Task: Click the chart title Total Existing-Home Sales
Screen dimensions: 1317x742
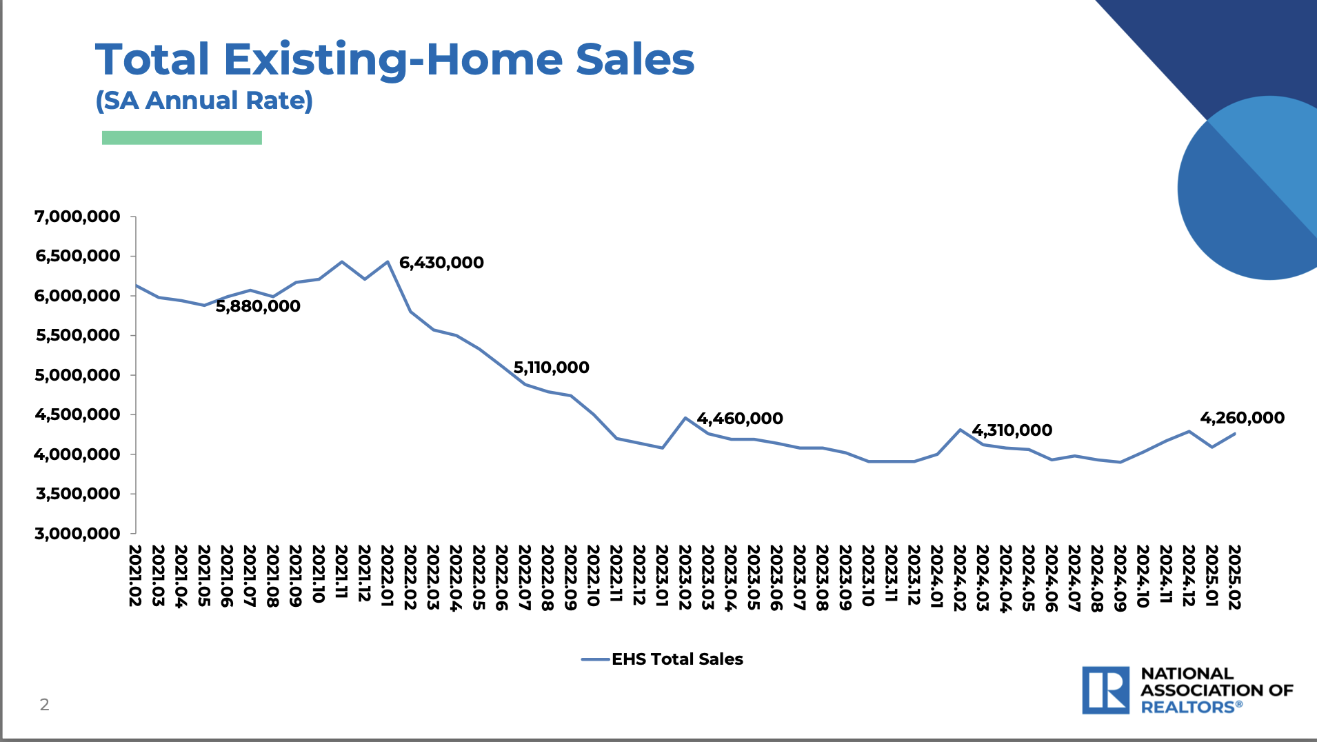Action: [x=394, y=60]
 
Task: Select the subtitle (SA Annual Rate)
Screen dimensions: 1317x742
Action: [x=204, y=101]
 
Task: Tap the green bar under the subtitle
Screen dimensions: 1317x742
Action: [x=182, y=138]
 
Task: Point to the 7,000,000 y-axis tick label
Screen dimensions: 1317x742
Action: [x=77, y=217]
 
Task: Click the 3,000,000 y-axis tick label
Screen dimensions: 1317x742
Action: [x=77, y=534]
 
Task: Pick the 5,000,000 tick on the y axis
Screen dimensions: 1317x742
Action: [x=77, y=375]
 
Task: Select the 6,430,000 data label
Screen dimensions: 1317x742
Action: [x=441, y=263]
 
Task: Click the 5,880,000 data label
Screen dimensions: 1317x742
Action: [x=258, y=306]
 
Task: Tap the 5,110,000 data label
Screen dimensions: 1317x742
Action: [x=552, y=368]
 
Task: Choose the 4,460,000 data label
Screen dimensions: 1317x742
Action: [x=740, y=419]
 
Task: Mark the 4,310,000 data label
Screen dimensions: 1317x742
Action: [x=1012, y=430]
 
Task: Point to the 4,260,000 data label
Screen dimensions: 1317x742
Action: [x=1243, y=418]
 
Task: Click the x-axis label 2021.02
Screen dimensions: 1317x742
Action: [x=135, y=576]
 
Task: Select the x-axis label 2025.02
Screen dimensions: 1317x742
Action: [x=1234, y=577]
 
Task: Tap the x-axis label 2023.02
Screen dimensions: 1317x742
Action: [x=685, y=577]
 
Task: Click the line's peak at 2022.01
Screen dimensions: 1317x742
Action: [x=388, y=261]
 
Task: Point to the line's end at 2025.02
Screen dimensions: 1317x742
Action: [x=1234, y=433]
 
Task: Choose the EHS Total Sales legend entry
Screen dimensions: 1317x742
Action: [x=662, y=659]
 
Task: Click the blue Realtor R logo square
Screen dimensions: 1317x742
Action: [x=1105, y=690]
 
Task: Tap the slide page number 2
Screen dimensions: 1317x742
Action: [x=45, y=705]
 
